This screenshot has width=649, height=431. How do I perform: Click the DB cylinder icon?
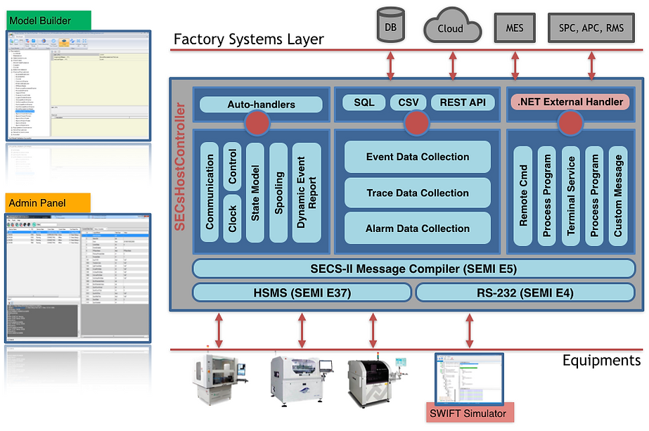click(390, 27)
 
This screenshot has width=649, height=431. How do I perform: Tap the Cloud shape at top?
click(450, 28)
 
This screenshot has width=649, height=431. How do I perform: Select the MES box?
click(515, 28)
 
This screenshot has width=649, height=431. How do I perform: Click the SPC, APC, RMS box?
click(591, 28)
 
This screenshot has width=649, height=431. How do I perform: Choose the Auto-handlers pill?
click(261, 105)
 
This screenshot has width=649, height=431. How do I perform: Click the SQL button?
click(364, 103)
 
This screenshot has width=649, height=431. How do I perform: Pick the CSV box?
click(408, 103)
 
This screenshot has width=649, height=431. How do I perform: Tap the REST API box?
click(462, 103)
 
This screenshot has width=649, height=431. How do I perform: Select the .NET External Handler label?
click(570, 103)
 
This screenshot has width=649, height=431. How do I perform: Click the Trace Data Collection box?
click(418, 193)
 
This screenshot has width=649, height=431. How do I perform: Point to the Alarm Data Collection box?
click(418, 229)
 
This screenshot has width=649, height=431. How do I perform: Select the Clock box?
click(233, 219)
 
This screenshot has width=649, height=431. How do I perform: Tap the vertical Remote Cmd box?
click(524, 195)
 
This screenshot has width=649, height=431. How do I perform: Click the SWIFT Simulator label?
click(468, 413)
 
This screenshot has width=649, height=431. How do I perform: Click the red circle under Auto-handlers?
click(257, 123)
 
